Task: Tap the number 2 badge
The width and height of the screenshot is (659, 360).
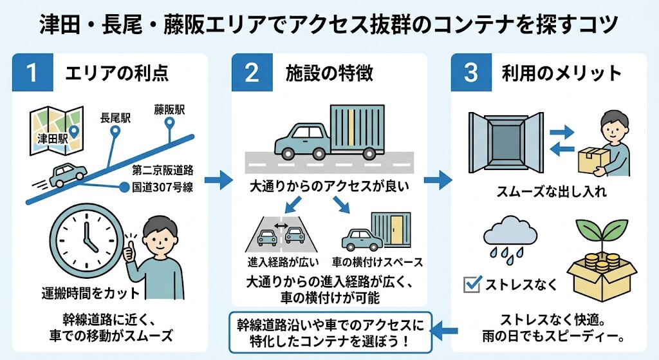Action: pos(252,72)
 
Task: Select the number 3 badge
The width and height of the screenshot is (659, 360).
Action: pos(471,72)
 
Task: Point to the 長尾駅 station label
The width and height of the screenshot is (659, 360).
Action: pos(116,118)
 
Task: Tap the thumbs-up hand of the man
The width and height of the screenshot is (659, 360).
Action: pos(129,251)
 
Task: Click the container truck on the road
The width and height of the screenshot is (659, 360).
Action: pos(328,132)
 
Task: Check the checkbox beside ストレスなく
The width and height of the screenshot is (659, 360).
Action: pos(472,283)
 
